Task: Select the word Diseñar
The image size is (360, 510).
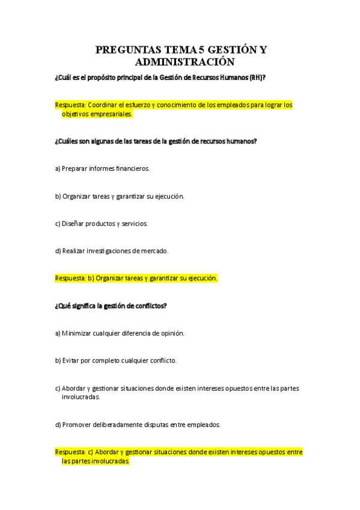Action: point(75,224)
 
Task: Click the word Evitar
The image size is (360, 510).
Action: point(72,361)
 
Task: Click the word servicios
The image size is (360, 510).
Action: point(135,224)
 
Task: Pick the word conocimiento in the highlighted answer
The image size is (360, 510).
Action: point(180,105)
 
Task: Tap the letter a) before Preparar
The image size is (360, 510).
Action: point(58,168)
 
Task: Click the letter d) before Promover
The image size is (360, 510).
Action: point(58,425)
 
